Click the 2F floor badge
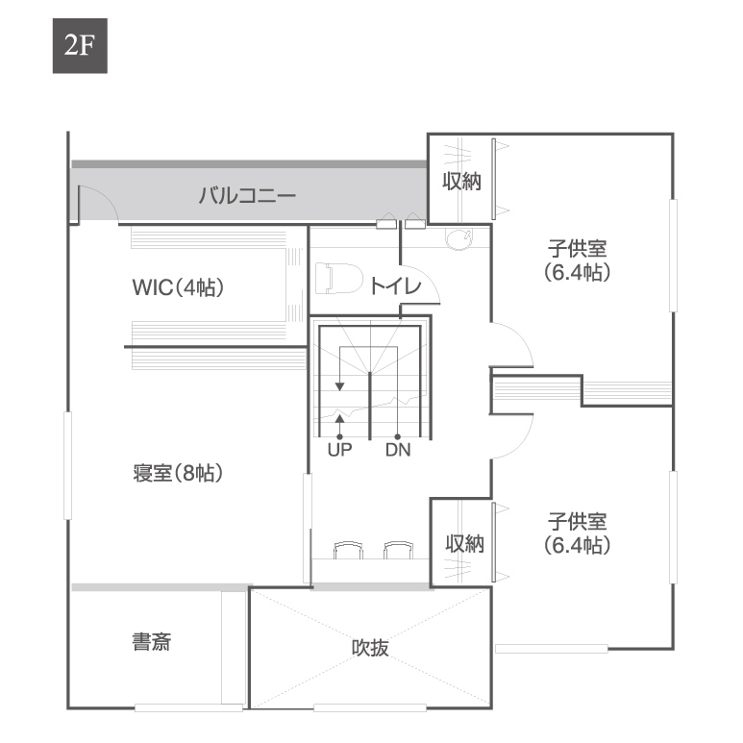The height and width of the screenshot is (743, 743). (x=80, y=46)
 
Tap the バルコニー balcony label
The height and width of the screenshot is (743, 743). (x=247, y=195)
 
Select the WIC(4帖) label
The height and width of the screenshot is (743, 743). (x=178, y=287)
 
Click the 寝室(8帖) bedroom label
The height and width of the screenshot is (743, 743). (x=178, y=473)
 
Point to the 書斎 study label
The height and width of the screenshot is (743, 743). (x=152, y=642)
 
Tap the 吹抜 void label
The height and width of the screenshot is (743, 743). (x=370, y=647)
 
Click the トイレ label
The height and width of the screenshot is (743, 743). (x=395, y=286)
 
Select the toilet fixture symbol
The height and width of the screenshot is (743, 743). (x=338, y=279)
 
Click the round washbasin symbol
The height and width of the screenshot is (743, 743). (x=459, y=236)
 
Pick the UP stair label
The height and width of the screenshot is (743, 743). (x=339, y=450)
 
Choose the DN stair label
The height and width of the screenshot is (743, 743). (x=398, y=450)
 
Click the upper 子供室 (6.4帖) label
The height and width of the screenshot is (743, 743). (x=577, y=260)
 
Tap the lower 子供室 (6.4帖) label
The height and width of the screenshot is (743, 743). (x=577, y=533)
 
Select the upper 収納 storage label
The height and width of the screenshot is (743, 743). (x=462, y=182)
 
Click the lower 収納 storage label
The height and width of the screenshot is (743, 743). (x=465, y=543)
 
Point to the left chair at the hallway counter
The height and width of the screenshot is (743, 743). (x=348, y=551)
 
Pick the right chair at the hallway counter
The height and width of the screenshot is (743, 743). (x=399, y=551)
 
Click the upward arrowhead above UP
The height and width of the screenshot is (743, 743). (x=339, y=418)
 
